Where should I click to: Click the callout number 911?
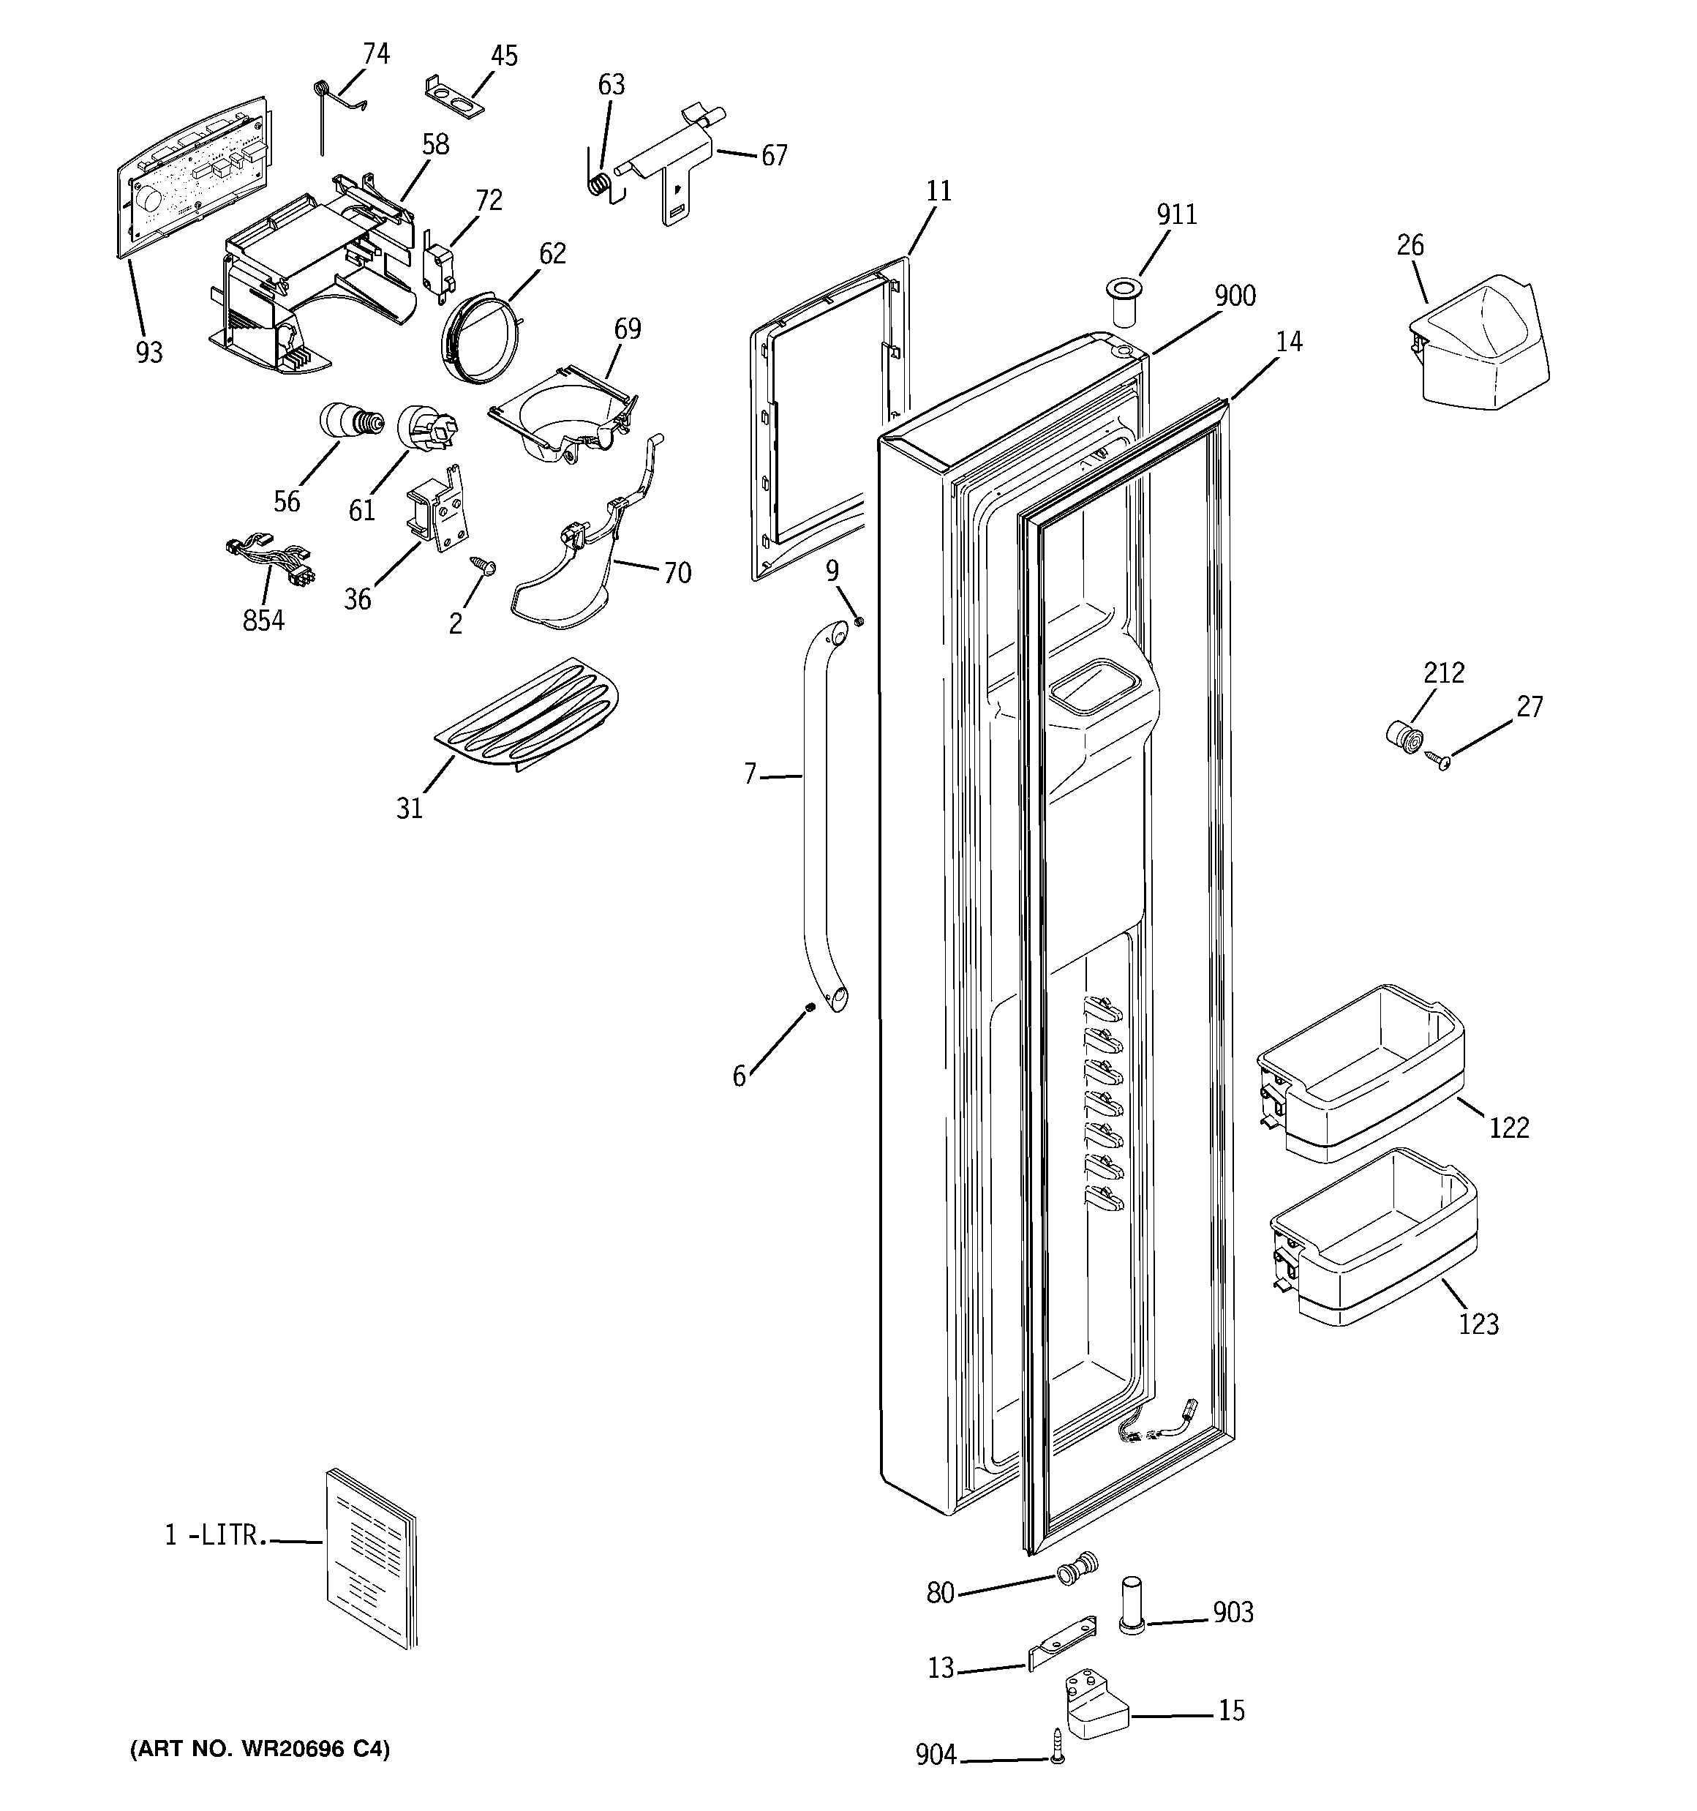(1176, 215)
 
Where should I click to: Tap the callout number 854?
(263, 620)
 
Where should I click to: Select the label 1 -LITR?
(216, 1536)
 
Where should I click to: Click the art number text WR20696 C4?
(260, 1749)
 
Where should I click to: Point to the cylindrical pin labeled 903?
(1130, 1619)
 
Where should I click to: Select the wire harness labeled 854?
(268, 565)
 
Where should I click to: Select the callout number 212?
(1444, 673)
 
